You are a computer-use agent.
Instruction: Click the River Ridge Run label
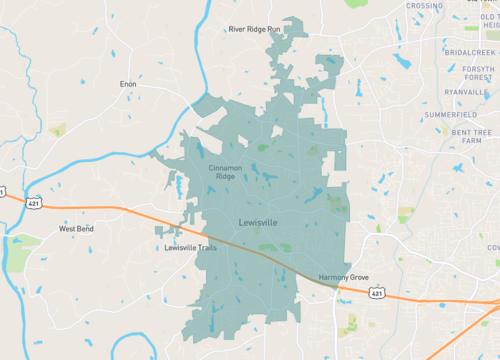click(256, 29)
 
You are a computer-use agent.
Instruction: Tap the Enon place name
click(127, 85)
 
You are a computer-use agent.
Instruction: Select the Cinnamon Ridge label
click(226, 171)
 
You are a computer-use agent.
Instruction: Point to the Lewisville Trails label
click(190, 248)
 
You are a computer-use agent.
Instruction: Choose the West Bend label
click(76, 228)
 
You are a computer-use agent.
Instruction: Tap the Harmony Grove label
click(345, 276)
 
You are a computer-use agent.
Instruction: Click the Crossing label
click(424, 6)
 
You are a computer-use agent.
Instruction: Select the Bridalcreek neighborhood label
click(471, 52)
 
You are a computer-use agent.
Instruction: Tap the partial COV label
click(493, 247)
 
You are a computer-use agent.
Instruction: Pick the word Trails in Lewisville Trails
click(206, 248)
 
